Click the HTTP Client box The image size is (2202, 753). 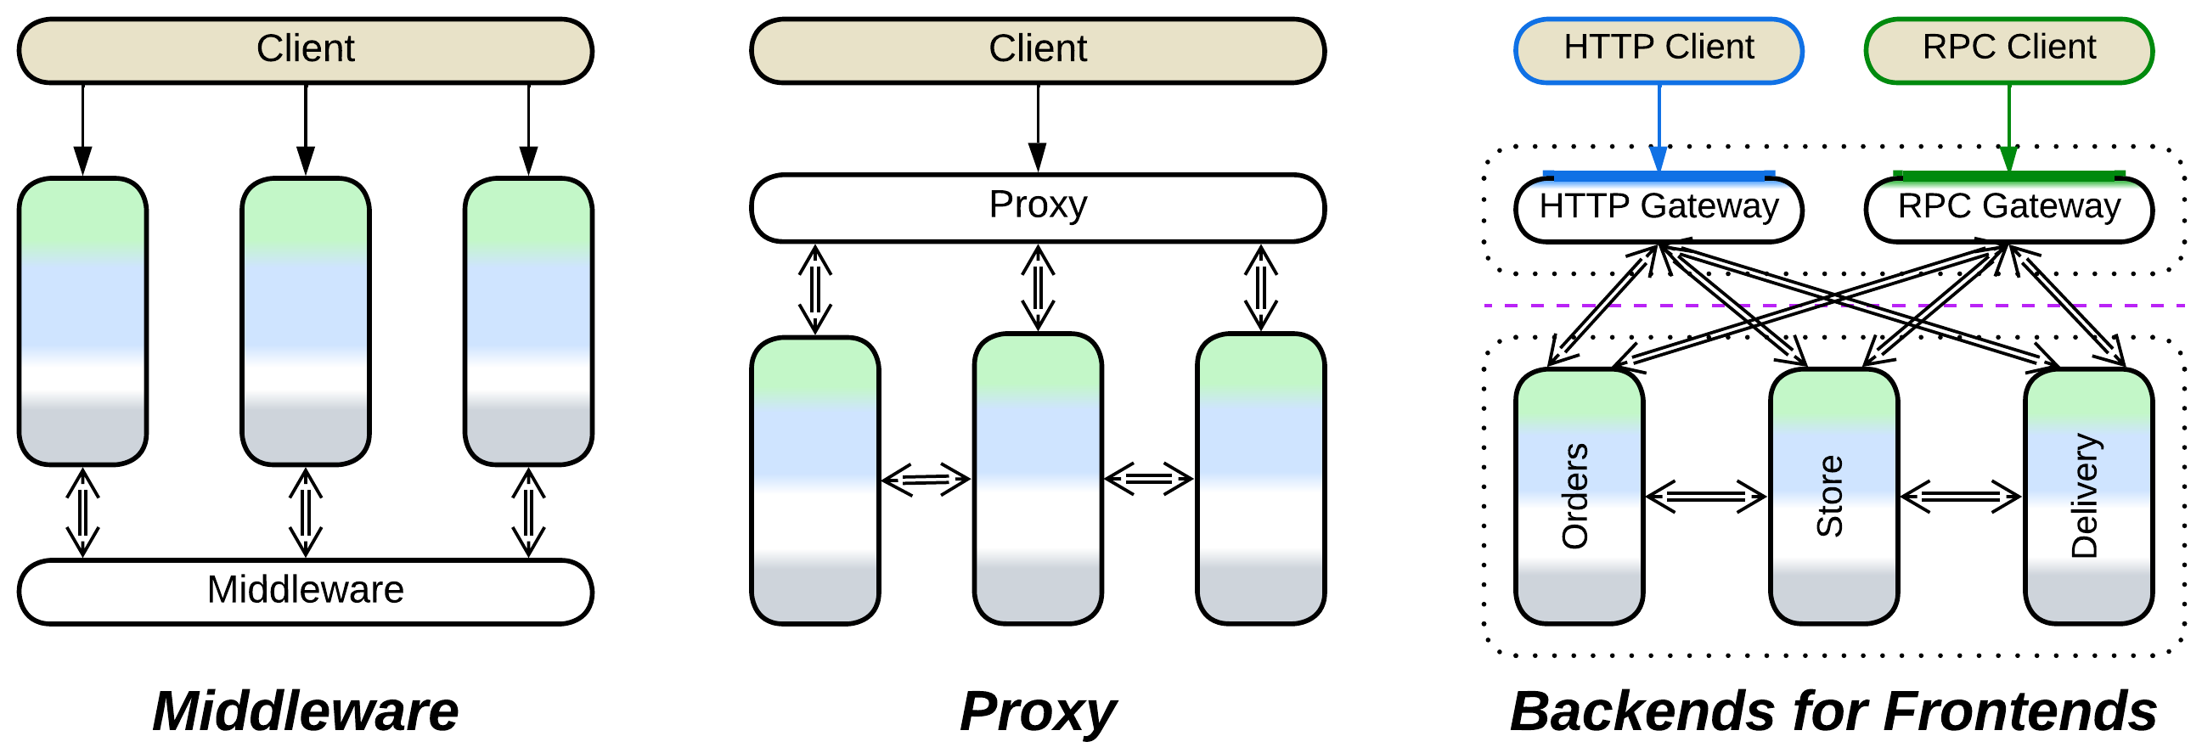1658,49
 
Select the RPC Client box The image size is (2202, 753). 2008,49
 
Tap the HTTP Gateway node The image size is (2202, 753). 1658,209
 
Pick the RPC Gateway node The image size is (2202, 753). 2008,209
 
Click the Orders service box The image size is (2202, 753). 1578,496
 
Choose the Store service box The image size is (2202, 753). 1833,496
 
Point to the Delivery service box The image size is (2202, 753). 2087,496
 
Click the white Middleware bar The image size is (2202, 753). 305,591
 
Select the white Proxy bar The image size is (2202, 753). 1037,208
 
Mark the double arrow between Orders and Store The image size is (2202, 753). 1705,496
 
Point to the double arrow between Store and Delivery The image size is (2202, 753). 1960,496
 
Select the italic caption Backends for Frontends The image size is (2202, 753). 1833,711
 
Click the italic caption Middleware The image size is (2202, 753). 305,711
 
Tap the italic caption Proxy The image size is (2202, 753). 1037,711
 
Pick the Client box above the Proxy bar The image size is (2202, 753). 1037,49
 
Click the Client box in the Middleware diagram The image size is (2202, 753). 305,49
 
